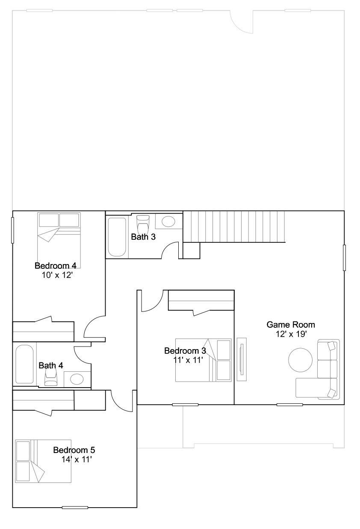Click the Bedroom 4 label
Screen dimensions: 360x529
pyautogui.click(x=56, y=266)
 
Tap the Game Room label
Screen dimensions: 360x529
pyautogui.click(x=291, y=325)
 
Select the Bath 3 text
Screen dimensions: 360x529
pyautogui.click(x=143, y=237)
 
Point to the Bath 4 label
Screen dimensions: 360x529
pyautogui.click(x=51, y=366)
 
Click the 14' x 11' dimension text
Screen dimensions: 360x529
pyautogui.click(x=77, y=459)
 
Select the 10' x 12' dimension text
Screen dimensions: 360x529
pyautogui.click(x=57, y=275)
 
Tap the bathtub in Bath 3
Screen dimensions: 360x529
pyautogui.click(x=117, y=237)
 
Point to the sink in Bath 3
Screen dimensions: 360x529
pyautogui.click(x=168, y=221)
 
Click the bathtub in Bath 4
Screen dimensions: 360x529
pyautogui.click(x=24, y=364)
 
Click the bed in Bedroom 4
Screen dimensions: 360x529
pyautogui.click(x=59, y=240)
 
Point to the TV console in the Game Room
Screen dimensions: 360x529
pyautogui.click(x=242, y=359)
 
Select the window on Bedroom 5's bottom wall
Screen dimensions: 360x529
pyautogui.click(x=75, y=507)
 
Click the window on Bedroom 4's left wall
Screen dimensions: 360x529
pyautogui.click(x=12, y=230)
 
